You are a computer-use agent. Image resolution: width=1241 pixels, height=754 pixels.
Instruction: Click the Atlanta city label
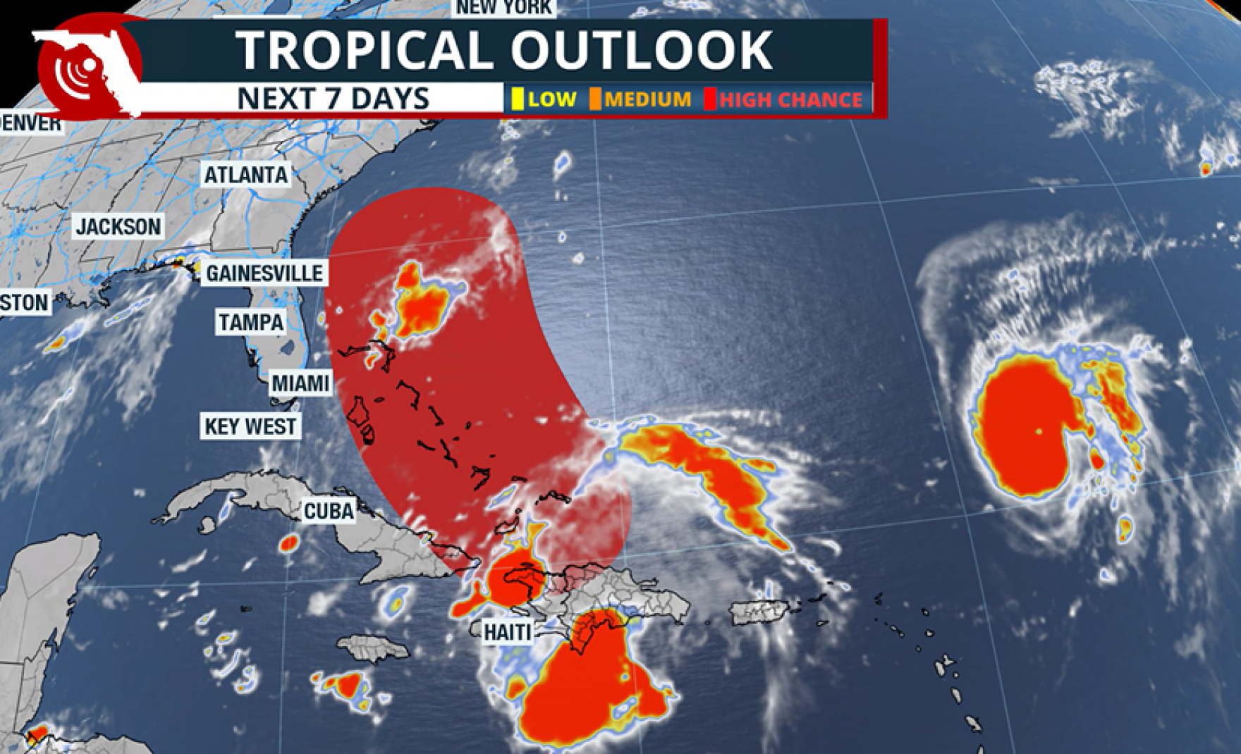[246, 175]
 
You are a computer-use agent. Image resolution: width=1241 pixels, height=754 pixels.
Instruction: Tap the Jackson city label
[118, 227]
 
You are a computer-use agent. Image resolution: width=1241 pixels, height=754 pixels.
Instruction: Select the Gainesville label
[264, 273]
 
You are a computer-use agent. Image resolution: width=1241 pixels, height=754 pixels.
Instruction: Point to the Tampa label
[251, 323]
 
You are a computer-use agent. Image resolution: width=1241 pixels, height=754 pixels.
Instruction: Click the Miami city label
[301, 383]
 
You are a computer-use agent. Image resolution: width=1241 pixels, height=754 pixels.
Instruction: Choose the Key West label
[251, 426]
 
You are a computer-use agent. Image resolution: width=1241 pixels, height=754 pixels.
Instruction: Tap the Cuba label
[329, 511]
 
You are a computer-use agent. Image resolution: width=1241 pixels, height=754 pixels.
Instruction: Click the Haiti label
[508, 631]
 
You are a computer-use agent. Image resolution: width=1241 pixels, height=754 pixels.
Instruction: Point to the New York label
[505, 8]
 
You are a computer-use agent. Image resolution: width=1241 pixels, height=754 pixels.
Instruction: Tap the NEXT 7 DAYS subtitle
[333, 99]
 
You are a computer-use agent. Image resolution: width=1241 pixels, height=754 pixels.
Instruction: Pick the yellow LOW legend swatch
[517, 99]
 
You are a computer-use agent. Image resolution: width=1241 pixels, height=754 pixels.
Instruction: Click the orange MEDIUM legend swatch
[595, 99]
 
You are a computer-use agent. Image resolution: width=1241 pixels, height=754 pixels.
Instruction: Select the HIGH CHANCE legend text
[790, 100]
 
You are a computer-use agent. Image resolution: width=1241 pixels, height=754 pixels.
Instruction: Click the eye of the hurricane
[1039, 430]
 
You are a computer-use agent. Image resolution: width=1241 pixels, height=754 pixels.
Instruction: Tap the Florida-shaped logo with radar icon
[88, 67]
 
